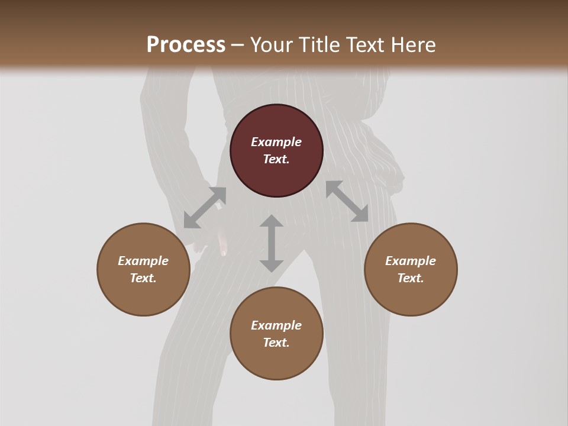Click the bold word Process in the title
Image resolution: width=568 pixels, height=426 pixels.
point(186,45)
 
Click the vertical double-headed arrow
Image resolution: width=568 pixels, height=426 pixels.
point(272,243)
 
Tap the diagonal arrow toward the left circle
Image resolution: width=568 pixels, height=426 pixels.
point(205,208)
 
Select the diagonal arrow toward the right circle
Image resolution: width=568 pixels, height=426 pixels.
point(347,201)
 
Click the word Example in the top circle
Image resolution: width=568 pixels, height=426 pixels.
point(276,142)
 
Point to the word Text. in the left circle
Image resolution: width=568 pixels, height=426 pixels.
point(143,278)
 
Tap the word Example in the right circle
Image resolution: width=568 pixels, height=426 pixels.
point(411,261)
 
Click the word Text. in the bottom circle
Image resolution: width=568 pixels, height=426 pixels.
point(276,343)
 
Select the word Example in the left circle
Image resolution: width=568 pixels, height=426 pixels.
point(143,261)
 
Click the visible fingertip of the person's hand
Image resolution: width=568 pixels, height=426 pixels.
point(224,252)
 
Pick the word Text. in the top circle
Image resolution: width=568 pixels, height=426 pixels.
point(276,159)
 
